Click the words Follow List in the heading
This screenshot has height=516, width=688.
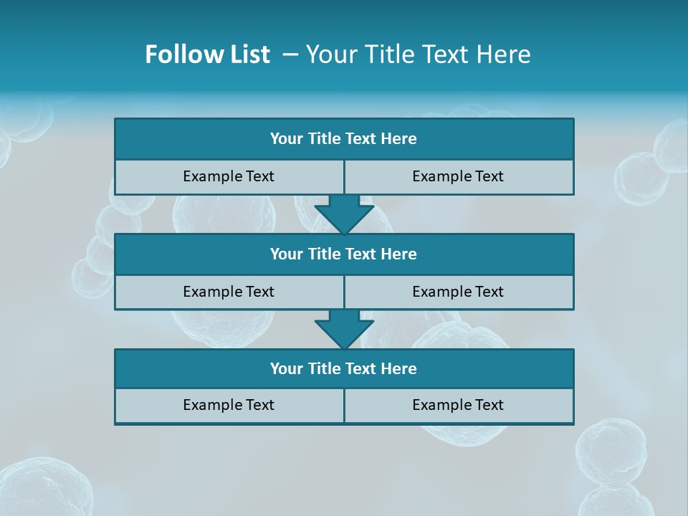pos(207,54)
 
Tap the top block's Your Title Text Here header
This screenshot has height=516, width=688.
pos(343,139)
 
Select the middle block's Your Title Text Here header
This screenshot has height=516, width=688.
pos(343,254)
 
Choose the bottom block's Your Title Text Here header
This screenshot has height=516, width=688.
pos(343,368)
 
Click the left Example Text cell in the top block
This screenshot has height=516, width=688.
pos(229,176)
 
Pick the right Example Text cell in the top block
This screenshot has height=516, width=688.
pos(458,176)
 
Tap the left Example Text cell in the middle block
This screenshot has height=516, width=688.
pos(229,292)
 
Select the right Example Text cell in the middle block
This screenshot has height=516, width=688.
pos(458,292)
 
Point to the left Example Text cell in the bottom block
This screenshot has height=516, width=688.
pos(229,405)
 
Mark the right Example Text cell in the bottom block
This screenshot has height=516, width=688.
pos(458,405)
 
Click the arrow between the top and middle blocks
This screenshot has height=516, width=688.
pos(344,213)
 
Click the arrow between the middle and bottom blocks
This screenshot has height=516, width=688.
pos(344,328)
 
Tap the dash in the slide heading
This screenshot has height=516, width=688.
pos(290,54)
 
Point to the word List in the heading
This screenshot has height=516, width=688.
pos(250,54)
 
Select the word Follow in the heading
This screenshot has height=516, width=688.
pos(181,54)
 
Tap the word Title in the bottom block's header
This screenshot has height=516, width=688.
pos(324,368)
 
